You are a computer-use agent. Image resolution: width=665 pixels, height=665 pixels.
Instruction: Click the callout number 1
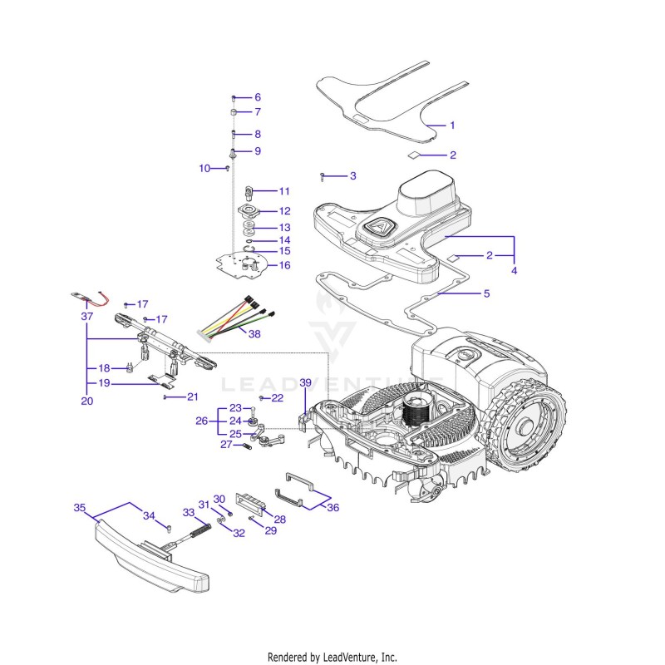click(x=452, y=126)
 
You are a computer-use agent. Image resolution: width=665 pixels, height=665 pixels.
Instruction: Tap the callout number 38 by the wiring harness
click(x=254, y=334)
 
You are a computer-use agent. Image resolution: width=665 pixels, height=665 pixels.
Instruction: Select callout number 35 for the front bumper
click(x=80, y=507)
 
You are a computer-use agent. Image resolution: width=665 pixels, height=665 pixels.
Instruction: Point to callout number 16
click(x=284, y=265)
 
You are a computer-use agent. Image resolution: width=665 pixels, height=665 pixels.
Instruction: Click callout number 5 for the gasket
click(x=486, y=293)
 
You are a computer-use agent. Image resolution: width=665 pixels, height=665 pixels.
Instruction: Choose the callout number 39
click(x=305, y=382)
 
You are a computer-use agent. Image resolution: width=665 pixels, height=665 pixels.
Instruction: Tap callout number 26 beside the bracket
click(x=201, y=421)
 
